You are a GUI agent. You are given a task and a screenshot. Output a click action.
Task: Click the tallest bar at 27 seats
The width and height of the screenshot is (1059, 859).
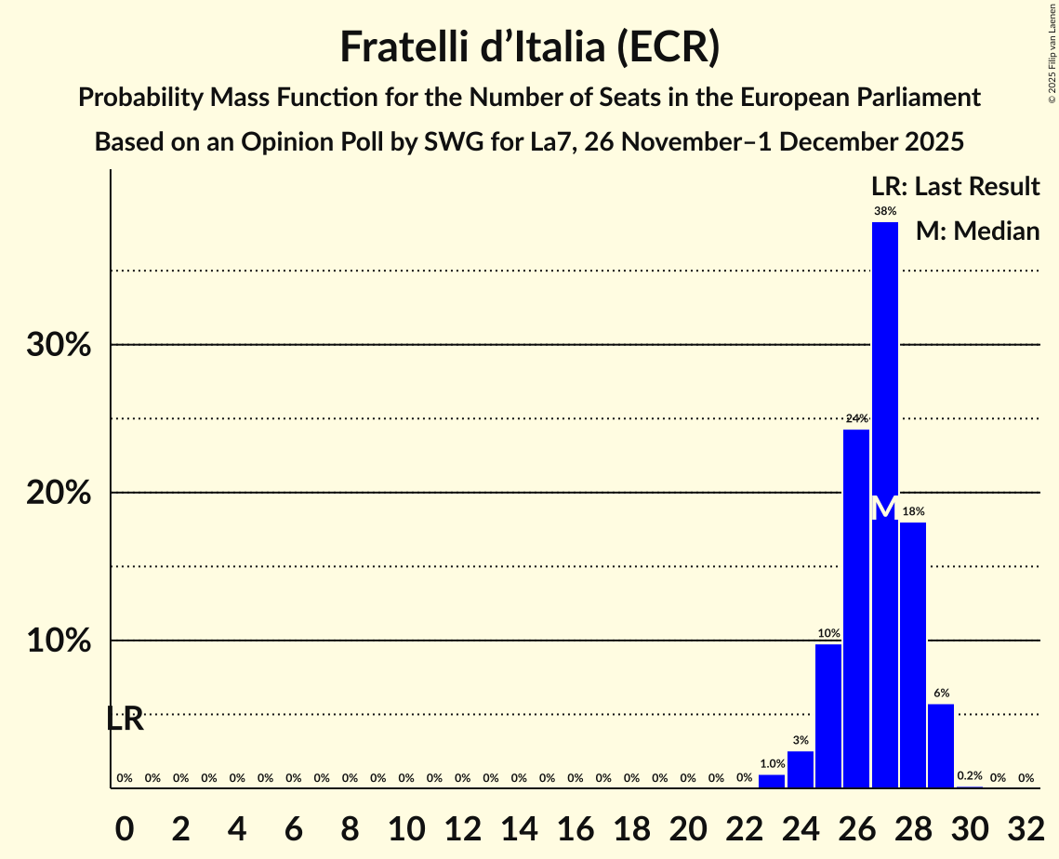[884, 372]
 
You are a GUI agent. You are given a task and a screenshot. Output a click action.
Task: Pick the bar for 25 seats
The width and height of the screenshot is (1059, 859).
[828, 716]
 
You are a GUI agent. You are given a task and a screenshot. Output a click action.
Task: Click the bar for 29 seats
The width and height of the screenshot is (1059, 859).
[941, 746]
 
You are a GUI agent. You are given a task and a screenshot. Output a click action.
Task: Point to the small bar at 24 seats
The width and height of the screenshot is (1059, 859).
[801, 770]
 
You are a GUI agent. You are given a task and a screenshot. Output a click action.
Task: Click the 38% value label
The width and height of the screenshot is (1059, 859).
[884, 212]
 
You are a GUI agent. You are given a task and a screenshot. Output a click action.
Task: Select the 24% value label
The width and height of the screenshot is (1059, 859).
[856, 418]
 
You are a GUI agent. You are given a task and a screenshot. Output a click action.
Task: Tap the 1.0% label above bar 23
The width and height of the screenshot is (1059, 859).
[772, 763]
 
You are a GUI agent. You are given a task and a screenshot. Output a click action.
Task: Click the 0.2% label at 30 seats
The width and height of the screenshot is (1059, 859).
[969, 775]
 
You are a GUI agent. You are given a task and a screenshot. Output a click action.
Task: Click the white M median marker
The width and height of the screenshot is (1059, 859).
[884, 508]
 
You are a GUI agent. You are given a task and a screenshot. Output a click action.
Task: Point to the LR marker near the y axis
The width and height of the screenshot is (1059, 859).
[125, 719]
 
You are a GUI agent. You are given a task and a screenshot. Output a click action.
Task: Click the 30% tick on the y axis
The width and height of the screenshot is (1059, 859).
[58, 345]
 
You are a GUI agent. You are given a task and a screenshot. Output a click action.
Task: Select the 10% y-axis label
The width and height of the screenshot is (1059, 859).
[58, 641]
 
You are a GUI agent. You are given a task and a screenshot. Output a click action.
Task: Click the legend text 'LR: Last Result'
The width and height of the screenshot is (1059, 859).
[955, 187]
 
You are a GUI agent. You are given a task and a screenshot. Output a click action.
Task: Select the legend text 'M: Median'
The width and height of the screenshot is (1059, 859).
[977, 231]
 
